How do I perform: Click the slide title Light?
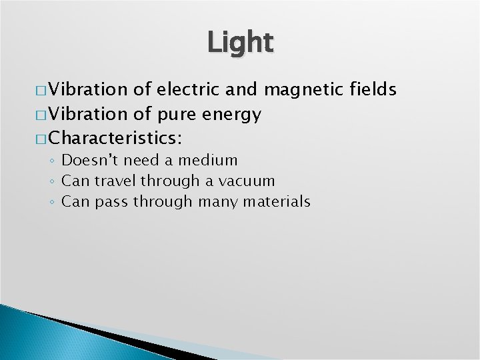(240, 43)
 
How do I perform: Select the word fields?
(373, 89)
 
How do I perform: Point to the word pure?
(175, 115)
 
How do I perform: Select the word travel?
(115, 181)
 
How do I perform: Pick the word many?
(206, 202)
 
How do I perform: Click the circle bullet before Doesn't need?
(52, 161)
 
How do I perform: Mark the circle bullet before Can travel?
(52, 181)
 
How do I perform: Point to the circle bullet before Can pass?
(52, 202)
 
